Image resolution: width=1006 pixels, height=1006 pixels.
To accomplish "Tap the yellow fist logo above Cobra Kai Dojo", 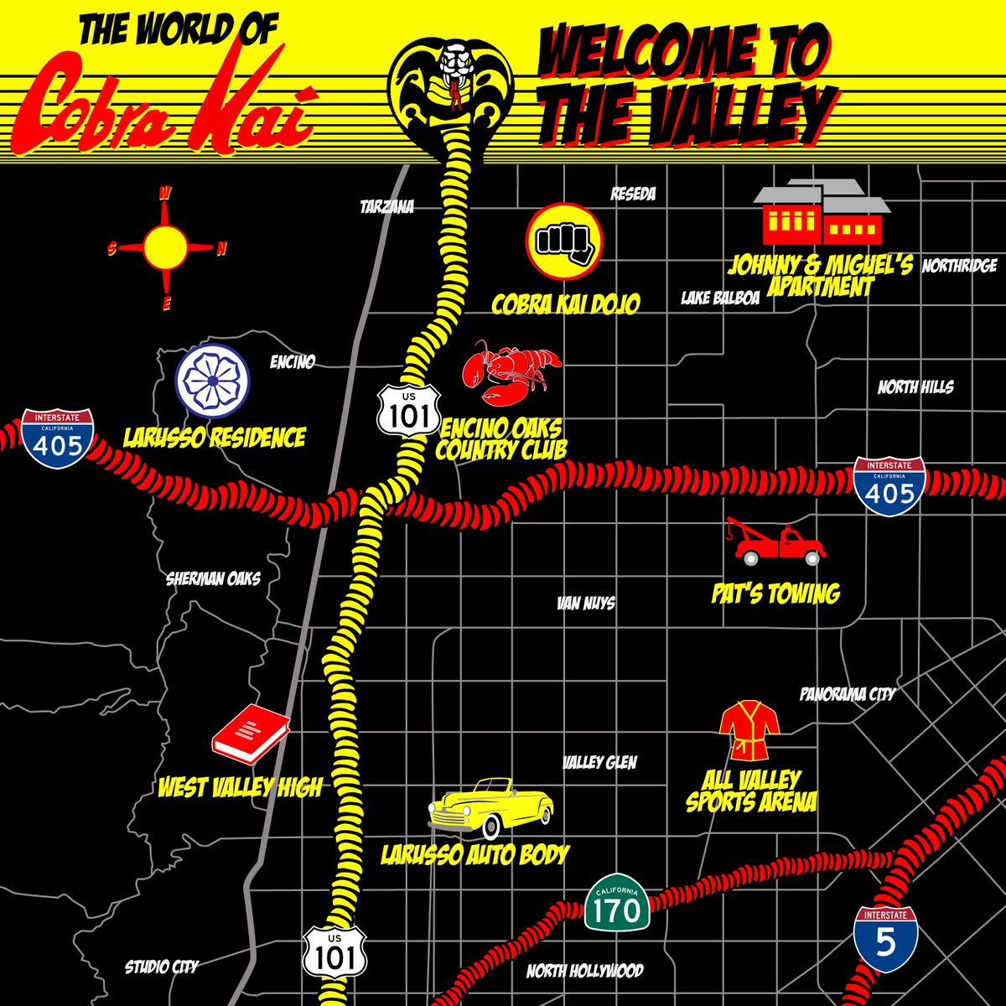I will point(563,241).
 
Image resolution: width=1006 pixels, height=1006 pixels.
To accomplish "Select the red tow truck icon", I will point(775,542).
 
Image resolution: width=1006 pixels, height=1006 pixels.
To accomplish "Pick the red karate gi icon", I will point(749,731).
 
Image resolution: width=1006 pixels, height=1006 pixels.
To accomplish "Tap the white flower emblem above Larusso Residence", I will point(212,381).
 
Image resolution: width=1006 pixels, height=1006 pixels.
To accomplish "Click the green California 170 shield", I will point(617,905).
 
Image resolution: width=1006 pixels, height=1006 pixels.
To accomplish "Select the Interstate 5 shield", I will point(885,938).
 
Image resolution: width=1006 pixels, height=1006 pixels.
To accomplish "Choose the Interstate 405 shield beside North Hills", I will point(889,486).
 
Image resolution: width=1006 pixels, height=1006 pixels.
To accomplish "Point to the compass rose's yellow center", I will point(165,247).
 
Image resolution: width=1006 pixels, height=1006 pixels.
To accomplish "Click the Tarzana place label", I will point(386,206).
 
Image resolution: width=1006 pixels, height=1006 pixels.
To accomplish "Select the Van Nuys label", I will point(586,603).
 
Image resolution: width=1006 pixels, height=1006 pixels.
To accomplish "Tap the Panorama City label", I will point(847,694).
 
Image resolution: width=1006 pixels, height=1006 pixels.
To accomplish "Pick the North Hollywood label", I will point(584,972).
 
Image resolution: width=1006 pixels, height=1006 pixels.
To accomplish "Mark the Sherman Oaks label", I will point(213,578).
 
